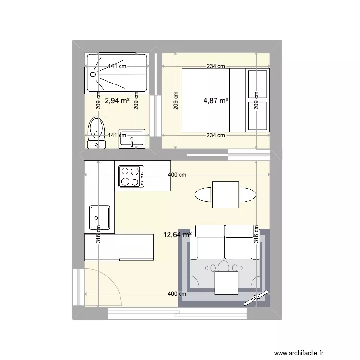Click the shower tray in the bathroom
[x=117, y=73]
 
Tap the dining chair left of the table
[x=204, y=195]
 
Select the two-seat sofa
[x=225, y=242]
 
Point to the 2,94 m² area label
[x=117, y=101]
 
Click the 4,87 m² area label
[x=216, y=101]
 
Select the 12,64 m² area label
[x=177, y=235]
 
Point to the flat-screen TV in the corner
[x=255, y=298]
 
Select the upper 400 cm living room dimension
[x=177, y=175]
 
